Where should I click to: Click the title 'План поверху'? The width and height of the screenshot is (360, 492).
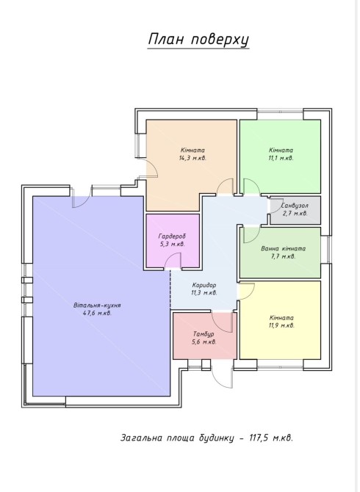pos(198,40)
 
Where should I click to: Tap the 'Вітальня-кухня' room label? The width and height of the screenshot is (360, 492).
pos(98,305)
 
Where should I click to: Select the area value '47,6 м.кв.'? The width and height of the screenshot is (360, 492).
pos(97,313)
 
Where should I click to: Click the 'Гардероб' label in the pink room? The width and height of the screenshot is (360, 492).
pos(173,236)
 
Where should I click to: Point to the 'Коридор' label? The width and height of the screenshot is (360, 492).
pos(204,285)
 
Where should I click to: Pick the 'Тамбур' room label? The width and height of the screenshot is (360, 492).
pos(204,334)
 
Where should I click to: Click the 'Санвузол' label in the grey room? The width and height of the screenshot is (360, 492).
pos(295,206)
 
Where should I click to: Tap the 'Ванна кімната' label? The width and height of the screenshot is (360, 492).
pos(283,248)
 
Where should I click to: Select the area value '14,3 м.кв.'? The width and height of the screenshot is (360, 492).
pos(192,158)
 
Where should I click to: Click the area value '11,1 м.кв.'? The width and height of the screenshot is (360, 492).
pos(281,158)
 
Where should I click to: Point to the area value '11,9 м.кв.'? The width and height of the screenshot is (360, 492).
pos(281,325)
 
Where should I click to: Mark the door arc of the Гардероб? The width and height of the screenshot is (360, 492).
pos(173,261)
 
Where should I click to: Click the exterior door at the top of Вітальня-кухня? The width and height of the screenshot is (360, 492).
pos(81,197)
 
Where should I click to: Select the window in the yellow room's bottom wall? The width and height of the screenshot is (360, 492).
pos(280,364)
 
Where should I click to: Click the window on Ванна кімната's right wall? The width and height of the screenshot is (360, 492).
pos(328,250)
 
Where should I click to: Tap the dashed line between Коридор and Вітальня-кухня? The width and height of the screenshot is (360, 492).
pos(170,289)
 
